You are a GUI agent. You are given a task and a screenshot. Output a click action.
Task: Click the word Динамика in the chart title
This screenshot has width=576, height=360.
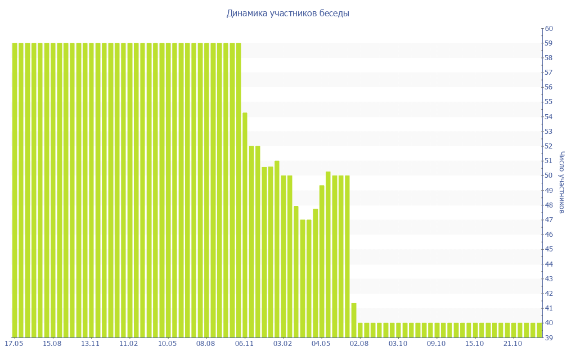(246, 13)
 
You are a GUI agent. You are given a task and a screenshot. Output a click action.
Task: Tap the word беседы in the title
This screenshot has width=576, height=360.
(334, 13)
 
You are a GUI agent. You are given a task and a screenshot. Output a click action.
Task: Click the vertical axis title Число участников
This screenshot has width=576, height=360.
(562, 183)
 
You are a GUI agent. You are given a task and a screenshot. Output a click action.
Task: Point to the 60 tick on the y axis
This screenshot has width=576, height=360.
(549, 29)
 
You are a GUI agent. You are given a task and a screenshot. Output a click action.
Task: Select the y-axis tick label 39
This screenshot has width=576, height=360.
(549, 337)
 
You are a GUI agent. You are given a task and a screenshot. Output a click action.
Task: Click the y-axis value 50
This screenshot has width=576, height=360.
(549, 175)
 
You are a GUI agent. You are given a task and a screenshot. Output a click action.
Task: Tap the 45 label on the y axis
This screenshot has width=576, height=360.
(549, 249)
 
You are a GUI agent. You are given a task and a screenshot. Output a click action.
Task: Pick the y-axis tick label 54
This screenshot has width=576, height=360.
(549, 116)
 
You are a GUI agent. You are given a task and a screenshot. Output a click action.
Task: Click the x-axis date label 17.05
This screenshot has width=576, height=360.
(13, 343)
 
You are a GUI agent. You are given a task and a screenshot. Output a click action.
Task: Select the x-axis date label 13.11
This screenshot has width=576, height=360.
(91, 343)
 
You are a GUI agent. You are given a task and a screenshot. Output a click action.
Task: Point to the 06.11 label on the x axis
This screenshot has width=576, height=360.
(245, 343)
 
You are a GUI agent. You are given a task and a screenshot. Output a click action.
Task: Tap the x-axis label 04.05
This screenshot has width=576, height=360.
(321, 343)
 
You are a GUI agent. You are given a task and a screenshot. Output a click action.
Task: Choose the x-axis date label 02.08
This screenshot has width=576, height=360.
(359, 343)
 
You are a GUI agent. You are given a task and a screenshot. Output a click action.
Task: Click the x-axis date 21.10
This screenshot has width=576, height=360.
(513, 343)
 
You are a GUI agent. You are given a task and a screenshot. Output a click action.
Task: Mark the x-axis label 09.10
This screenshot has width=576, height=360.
(436, 343)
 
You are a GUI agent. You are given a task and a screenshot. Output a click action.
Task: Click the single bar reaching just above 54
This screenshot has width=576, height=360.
(245, 225)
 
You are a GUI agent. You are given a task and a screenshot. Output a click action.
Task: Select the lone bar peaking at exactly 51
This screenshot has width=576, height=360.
(277, 247)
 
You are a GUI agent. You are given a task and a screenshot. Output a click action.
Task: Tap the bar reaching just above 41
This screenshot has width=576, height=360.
(354, 321)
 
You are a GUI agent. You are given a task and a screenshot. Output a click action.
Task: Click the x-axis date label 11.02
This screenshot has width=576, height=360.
(129, 343)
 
